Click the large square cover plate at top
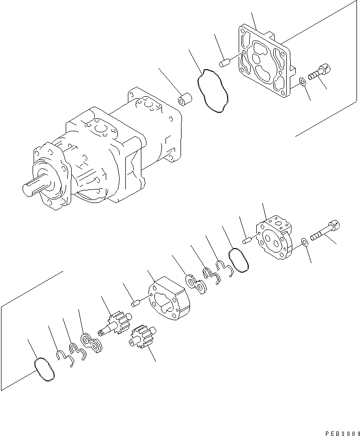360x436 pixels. coord(265,66)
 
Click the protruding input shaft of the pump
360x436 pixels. coord(36,187)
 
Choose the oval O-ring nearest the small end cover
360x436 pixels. coord(238,261)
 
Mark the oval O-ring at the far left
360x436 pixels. coord(42,370)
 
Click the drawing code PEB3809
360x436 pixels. coord(339,430)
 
